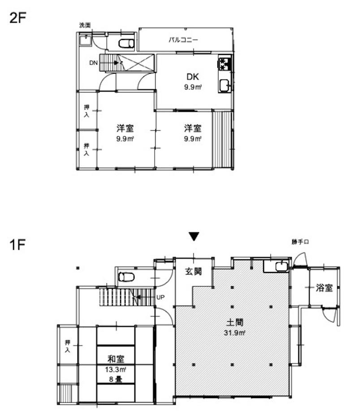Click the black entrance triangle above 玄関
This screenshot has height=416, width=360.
point(194,236)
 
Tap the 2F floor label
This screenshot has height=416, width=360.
point(17,18)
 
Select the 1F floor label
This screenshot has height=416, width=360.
point(17,245)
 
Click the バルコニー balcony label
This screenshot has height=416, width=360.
point(183,40)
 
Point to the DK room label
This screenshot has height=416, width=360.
point(193,77)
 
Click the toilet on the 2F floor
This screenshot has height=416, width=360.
point(126,43)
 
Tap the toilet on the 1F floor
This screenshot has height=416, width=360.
point(126,277)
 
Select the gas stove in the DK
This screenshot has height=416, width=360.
point(225,64)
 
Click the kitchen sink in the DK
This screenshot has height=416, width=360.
point(225,86)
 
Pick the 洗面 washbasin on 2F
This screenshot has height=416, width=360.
point(85,40)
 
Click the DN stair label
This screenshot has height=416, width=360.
point(93,63)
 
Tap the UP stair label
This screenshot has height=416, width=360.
point(160,298)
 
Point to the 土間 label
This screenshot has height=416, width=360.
point(234,322)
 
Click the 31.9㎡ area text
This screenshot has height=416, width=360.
point(234,333)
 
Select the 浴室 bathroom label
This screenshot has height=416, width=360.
point(324,288)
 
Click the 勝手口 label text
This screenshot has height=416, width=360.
point(300,242)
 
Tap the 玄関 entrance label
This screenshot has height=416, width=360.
point(193,271)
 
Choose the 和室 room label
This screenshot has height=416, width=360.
point(116,359)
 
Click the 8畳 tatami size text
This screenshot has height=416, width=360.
point(116,379)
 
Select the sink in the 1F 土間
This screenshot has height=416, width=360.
point(282,266)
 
